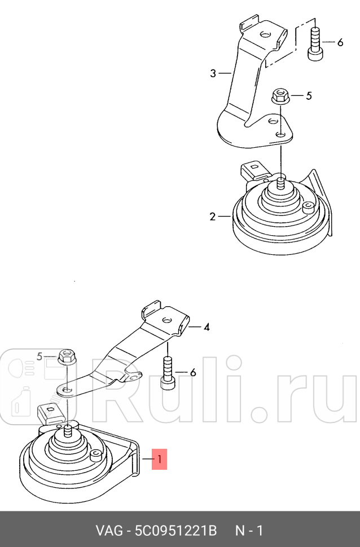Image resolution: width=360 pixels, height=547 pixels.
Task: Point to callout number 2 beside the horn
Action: pos(213,217)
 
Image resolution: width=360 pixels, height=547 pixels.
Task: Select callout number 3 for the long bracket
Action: pos(213,73)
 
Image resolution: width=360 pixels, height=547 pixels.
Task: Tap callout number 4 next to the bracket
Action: pos(207,327)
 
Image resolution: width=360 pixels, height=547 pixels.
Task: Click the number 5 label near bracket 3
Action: pos(309,96)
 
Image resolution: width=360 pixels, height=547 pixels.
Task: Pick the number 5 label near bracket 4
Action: pos(39,356)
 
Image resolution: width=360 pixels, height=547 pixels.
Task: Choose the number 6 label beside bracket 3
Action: pos(340,43)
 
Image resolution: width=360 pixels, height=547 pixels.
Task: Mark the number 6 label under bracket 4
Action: pos(192,372)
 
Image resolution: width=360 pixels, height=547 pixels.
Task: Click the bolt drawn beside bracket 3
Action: pos(314,43)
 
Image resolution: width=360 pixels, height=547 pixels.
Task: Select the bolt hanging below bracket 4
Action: pos(167,373)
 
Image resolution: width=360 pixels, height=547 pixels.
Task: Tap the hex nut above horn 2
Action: pos(278,96)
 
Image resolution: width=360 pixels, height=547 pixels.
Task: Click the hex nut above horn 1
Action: pos(66,357)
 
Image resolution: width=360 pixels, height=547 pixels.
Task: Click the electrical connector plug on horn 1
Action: pos(49,414)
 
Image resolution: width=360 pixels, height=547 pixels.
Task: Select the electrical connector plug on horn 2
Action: pos(252,173)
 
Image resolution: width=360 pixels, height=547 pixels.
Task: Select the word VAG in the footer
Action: pos(106,531)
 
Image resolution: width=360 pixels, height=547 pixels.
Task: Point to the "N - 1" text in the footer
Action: pos(249,531)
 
